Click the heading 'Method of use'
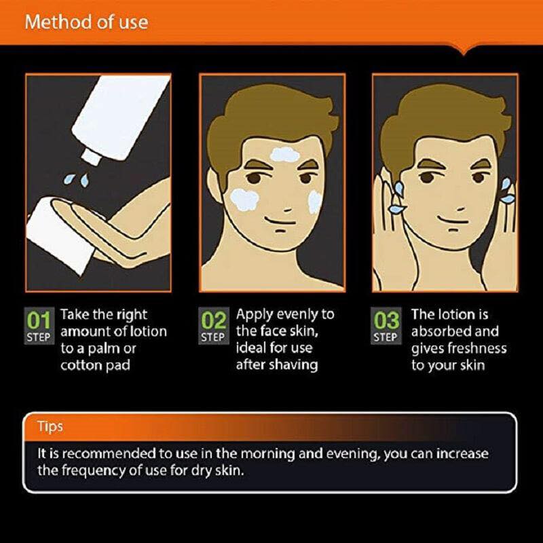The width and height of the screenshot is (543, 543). pyautogui.click(x=87, y=22)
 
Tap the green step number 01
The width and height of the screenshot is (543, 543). pyautogui.click(x=39, y=320)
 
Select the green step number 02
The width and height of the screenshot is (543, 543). pyautogui.click(x=214, y=320)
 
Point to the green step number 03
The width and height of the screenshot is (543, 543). pyautogui.click(x=386, y=320)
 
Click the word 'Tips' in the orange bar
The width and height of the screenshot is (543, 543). pyautogui.click(x=50, y=427)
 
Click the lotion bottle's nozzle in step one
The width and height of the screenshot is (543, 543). pyautogui.click(x=91, y=157)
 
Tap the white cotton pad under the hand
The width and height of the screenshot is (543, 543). pyautogui.click(x=59, y=236)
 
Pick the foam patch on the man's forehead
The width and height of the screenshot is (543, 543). pyautogui.click(x=284, y=155)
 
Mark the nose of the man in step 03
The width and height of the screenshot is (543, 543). pyautogui.click(x=461, y=209)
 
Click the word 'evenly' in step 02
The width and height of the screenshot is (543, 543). pyautogui.click(x=297, y=314)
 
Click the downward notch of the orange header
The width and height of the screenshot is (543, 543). pyautogui.click(x=464, y=52)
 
